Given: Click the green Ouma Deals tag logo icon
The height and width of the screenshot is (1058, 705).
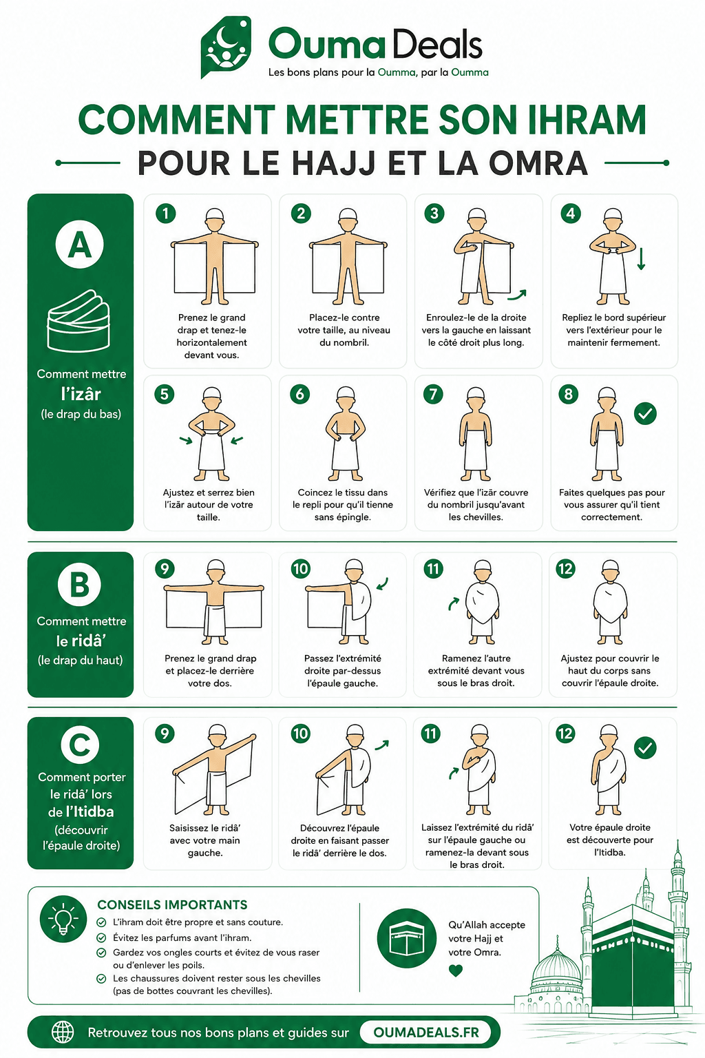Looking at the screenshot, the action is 226,46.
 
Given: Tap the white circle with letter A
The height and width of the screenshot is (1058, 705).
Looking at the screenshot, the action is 80,245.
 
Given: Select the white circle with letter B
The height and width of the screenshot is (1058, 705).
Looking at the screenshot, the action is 79,584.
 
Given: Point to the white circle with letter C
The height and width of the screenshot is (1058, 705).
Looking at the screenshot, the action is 80,745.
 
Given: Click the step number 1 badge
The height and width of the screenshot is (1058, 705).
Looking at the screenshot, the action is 166,214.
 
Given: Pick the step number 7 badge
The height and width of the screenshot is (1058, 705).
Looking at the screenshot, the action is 434,394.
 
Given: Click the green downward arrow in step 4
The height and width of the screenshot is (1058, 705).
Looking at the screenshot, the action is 641,259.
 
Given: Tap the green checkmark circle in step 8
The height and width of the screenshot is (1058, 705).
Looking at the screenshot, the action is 645,414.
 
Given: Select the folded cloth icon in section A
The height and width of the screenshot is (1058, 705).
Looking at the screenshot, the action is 78,321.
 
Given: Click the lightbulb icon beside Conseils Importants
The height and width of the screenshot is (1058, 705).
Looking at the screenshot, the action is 63,919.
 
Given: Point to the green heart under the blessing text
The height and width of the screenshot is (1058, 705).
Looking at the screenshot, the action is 456,971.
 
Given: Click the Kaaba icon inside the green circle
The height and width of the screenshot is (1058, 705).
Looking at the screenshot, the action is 407,938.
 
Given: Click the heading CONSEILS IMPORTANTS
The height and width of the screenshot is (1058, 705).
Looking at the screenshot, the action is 172,904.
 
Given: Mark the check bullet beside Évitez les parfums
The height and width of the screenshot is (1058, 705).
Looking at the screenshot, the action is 101,937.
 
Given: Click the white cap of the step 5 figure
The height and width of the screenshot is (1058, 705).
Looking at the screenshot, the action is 212,393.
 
